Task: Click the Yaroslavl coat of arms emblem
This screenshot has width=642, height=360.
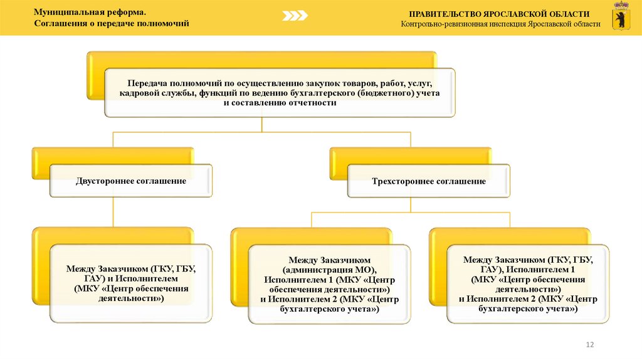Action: pyautogui.click(x=621, y=18)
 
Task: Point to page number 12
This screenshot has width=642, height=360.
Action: pyautogui.click(x=589, y=344)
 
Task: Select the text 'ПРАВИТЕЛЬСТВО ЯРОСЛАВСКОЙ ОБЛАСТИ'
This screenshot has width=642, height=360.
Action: pyautogui.click(x=500, y=13)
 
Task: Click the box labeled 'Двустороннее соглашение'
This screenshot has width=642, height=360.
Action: pyautogui.click(x=131, y=181)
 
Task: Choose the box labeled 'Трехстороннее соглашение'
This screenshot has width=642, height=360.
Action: pyautogui.click(x=429, y=181)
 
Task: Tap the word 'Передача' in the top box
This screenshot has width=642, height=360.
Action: pyautogui.click(x=148, y=83)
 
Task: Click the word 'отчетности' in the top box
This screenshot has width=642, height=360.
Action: pyautogui.click(x=308, y=103)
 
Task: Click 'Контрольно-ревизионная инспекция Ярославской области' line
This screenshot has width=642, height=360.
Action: pyautogui.click(x=500, y=24)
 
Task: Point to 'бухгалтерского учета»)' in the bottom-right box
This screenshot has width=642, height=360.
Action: pyautogui.click(x=528, y=309)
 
